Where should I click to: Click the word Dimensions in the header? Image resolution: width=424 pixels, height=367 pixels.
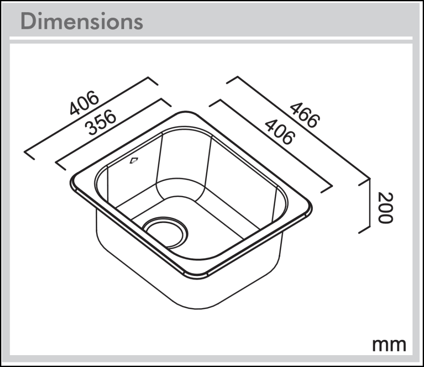pos(81,21)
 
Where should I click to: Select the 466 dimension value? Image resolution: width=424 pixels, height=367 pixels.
pos(304,115)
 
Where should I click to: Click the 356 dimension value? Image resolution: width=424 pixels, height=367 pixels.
pos(101,123)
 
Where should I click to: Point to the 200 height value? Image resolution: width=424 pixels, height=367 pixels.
pos(385,207)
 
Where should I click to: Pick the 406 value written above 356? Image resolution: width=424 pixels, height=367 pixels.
pos(84,103)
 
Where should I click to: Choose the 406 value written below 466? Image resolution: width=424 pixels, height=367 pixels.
pos(279,132)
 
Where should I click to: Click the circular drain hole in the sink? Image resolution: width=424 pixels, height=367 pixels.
pos(165,231)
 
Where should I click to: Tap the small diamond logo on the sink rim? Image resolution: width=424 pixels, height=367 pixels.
pos(134,160)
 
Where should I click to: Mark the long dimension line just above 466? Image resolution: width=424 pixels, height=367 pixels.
pos(297,127)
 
